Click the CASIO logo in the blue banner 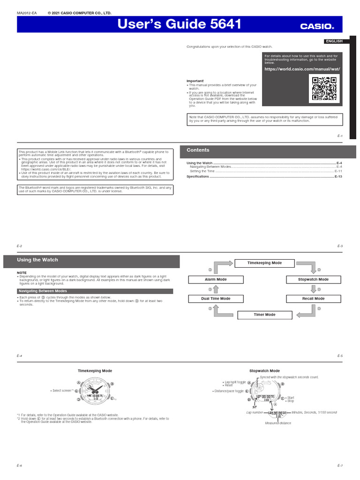(317, 26)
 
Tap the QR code (324, 89)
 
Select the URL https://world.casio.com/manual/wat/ (301, 69)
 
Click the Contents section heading (198, 150)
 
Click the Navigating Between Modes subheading (42, 291)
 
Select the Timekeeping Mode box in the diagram (264, 263)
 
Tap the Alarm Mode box (216, 279)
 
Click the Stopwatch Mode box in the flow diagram (313, 279)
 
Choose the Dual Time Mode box (216, 299)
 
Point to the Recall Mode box (313, 299)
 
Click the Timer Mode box (264, 315)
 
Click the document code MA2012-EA (27, 13)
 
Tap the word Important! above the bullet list (195, 81)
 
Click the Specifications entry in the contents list (197, 177)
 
